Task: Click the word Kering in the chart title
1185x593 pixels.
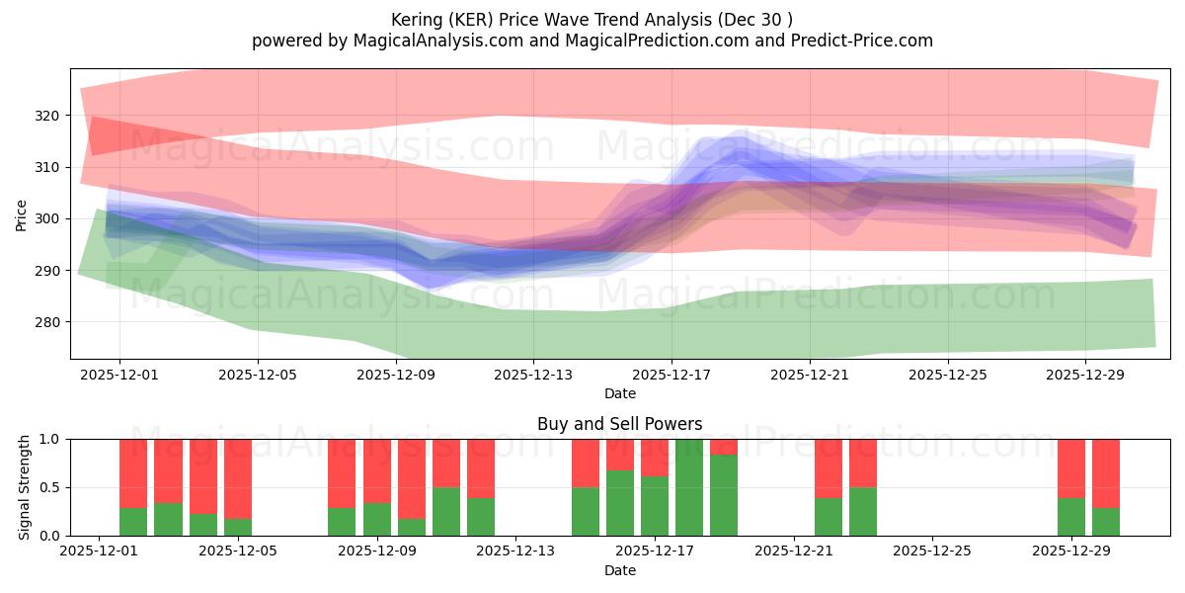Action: click(418, 19)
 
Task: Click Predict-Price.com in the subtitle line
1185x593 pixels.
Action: click(868, 41)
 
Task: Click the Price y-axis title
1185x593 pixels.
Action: click(21, 214)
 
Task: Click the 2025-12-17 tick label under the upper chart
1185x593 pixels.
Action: click(671, 376)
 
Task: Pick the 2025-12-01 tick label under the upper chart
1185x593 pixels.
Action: click(119, 376)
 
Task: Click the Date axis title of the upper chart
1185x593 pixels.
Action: click(619, 393)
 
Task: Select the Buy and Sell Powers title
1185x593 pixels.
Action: click(619, 424)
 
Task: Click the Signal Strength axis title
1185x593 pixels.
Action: click(25, 487)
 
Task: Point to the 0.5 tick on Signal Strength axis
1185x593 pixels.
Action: click(48, 487)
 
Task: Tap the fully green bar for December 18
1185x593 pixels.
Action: click(689, 487)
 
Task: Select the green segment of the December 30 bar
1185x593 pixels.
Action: click(1106, 522)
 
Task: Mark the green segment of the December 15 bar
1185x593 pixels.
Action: click(586, 512)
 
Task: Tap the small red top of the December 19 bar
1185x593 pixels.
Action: click(724, 446)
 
